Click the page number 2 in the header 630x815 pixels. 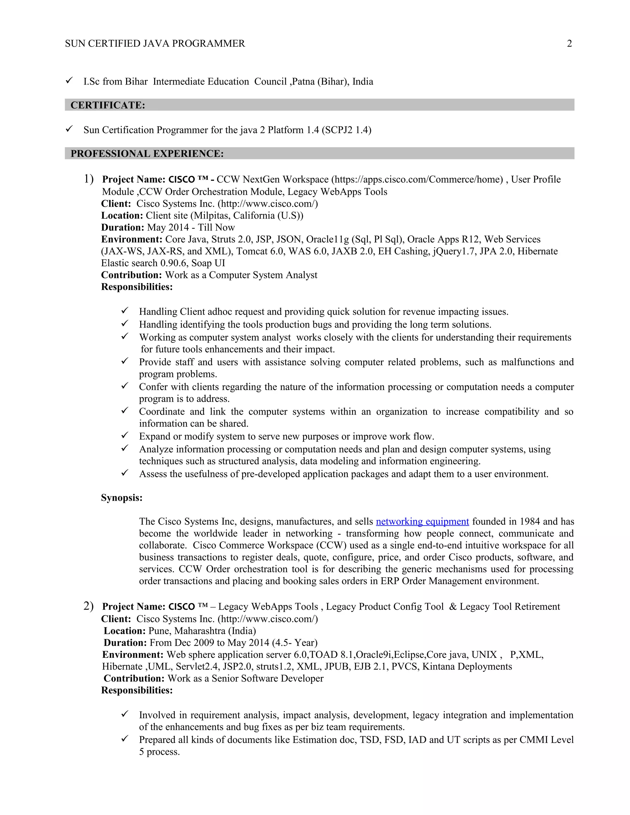tap(569, 44)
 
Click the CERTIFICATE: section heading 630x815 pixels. tap(107, 105)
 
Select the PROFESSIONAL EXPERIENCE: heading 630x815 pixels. tap(147, 154)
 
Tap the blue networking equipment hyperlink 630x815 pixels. tap(422, 521)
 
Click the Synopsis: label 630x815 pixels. tap(122, 498)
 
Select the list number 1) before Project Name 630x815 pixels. tap(89, 179)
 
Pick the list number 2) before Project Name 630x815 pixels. tap(89, 606)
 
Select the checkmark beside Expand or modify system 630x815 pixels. tap(125, 435)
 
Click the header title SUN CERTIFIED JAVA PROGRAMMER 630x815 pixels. tap(155, 44)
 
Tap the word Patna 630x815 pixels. tap(303, 82)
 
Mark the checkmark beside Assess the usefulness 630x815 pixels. tap(125, 473)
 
